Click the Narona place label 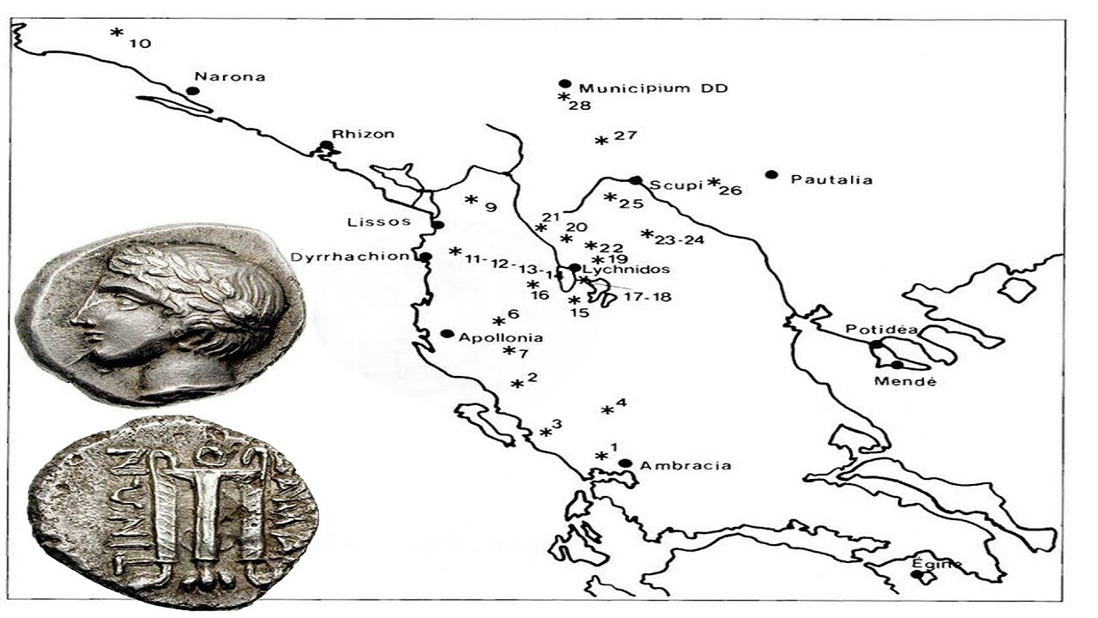[x=230, y=76]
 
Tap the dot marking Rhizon [x=325, y=146]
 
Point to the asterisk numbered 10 [x=116, y=33]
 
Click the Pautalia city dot [x=771, y=175]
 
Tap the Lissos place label [x=369, y=222]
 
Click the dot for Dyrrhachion [x=425, y=257]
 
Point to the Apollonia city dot [x=446, y=334]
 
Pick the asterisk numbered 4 [x=607, y=410]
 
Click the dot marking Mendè [x=897, y=365]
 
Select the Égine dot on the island [x=918, y=575]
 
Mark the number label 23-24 [x=679, y=240]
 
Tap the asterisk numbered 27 [x=601, y=140]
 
